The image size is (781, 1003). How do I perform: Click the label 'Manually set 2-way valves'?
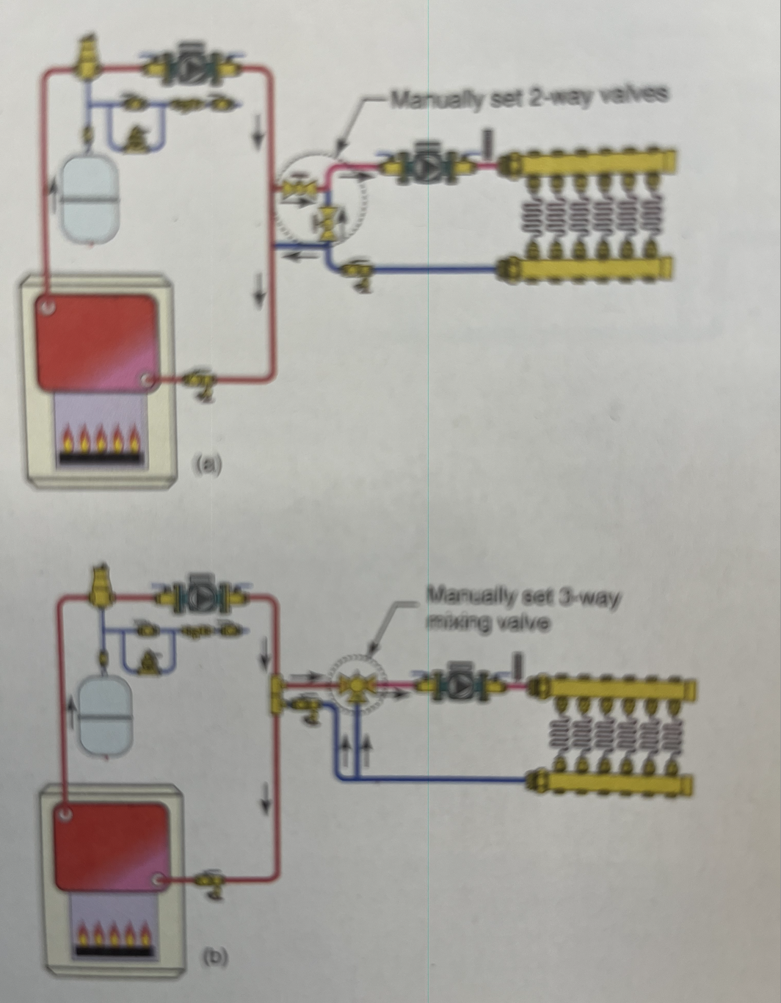click(x=528, y=96)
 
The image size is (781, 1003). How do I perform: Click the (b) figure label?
click(x=215, y=956)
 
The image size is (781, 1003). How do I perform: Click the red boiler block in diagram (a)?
click(x=97, y=342)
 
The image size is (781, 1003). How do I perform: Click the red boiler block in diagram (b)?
click(x=111, y=844)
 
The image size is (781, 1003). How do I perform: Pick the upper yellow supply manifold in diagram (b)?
click(x=613, y=688)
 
